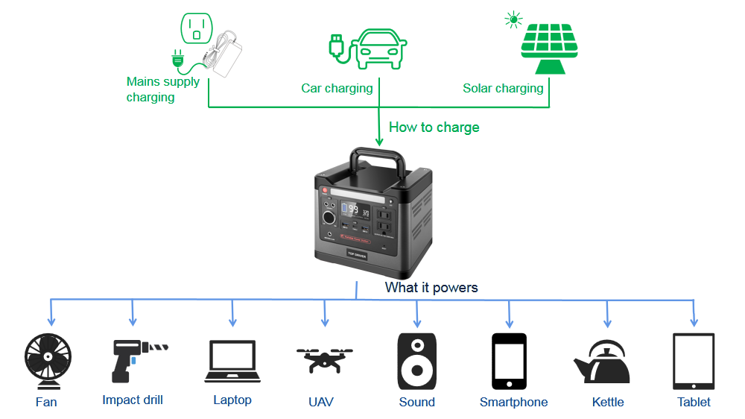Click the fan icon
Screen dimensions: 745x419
[48, 361]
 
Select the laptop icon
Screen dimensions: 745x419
[232, 361]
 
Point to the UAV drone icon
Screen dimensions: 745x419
[325, 360]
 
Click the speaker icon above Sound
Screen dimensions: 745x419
[416, 361]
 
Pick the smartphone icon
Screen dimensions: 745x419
[509, 361]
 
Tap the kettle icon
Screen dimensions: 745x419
[603, 362]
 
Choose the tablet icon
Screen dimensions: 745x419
[694, 361]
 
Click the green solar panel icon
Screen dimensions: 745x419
[550, 48]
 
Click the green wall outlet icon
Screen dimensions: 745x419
[196, 28]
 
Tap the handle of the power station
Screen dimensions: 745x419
[378, 161]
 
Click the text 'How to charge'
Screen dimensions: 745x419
[434, 127]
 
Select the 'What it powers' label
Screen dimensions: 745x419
[431, 287]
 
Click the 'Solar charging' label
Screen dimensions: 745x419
[503, 89]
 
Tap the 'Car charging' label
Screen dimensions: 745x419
[337, 89]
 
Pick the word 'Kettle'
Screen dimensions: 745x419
[608, 402]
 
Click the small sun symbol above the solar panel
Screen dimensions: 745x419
[513, 20]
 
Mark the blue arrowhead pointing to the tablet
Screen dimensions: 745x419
[694, 322]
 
